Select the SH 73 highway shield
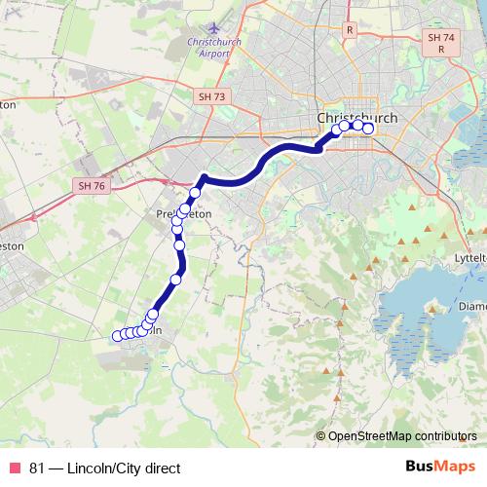click(210, 96)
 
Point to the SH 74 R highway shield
click(440, 42)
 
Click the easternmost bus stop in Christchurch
click(368, 128)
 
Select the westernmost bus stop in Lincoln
click(118, 336)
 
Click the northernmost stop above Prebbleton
click(195, 193)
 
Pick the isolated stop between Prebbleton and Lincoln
click(176, 280)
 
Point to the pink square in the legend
click(15, 468)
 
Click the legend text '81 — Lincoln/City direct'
click(105, 468)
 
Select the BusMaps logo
click(439, 468)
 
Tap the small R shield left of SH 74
click(348, 30)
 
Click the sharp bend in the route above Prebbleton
click(203, 176)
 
